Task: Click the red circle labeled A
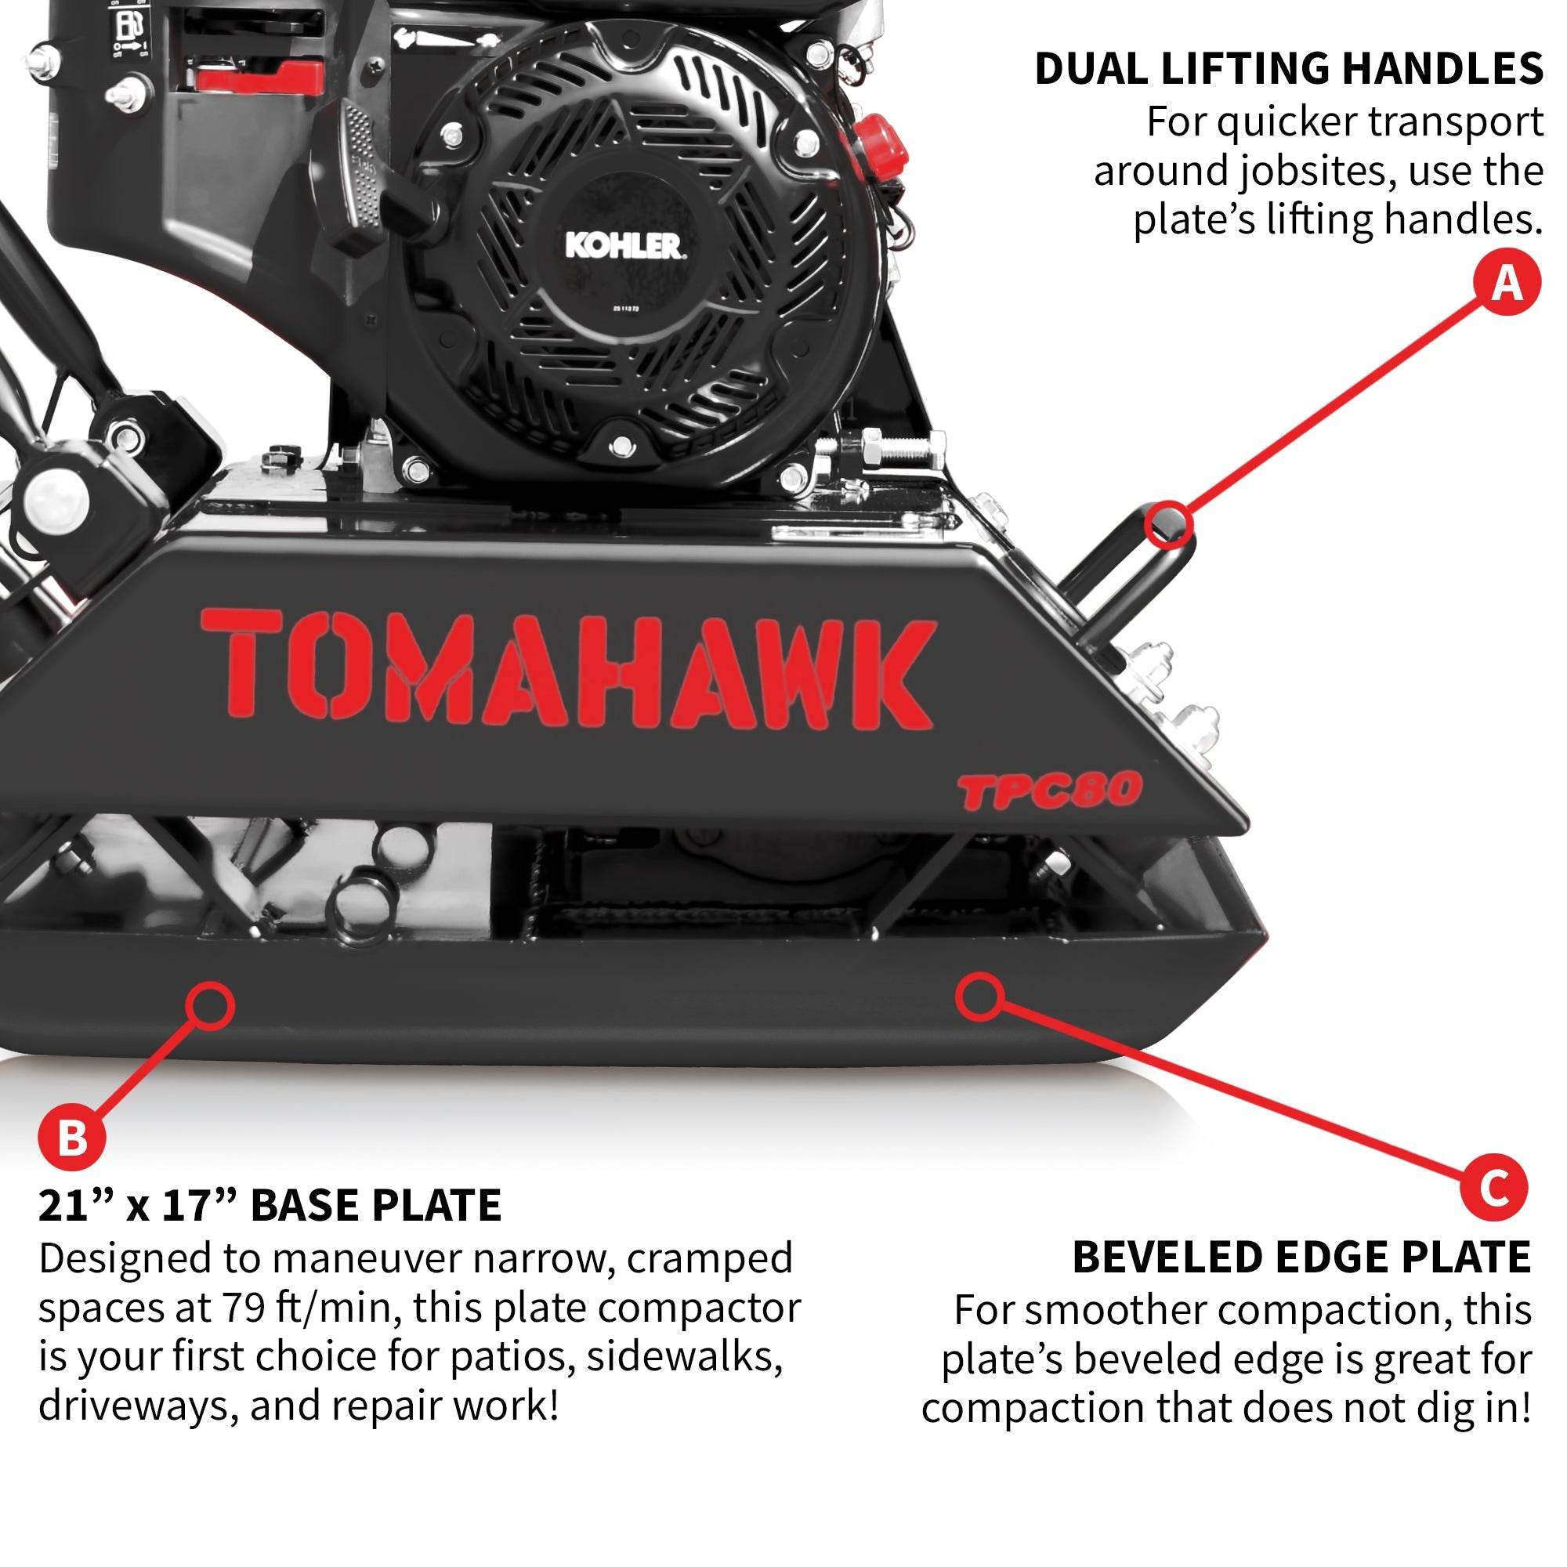(1507, 284)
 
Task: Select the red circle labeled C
(1494, 1189)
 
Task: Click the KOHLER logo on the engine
(623, 246)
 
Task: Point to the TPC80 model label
(1051, 791)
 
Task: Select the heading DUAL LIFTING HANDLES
(1289, 69)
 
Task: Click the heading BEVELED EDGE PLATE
(1301, 1258)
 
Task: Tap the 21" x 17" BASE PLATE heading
(270, 1205)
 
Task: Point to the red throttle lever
(258, 78)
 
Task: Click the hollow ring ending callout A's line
(1169, 524)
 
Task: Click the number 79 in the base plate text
(241, 1308)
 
